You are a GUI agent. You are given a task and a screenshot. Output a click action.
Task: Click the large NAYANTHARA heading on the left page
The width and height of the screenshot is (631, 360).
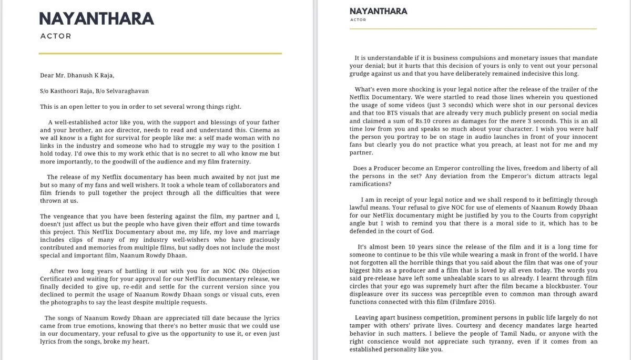[x=97, y=18]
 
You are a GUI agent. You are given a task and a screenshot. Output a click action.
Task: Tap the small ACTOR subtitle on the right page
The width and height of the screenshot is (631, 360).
[x=358, y=20]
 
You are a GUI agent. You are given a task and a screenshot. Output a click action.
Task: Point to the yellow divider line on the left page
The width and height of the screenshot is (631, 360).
[x=160, y=53]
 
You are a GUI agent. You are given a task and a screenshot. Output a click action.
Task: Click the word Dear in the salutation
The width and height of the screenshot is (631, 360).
[x=48, y=76]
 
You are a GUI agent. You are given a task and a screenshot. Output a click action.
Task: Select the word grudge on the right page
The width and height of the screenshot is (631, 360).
[x=361, y=74]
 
